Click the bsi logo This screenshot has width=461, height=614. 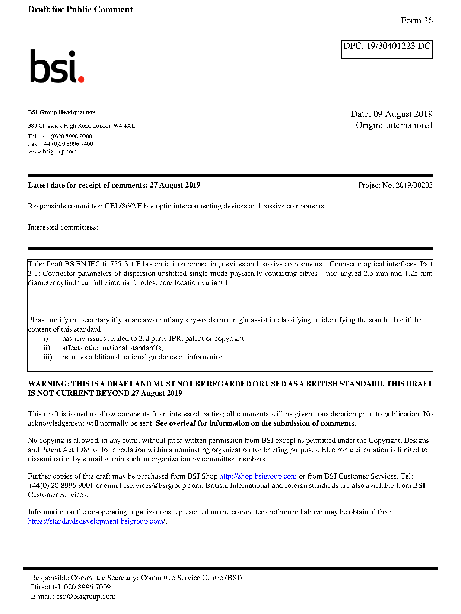[x=57, y=67]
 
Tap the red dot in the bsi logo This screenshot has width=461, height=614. [x=81, y=79]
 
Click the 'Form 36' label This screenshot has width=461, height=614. [x=417, y=21]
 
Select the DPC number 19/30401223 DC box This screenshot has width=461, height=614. [x=387, y=49]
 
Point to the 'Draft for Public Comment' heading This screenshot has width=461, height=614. [x=80, y=9]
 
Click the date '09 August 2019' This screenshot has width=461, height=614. [x=403, y=114]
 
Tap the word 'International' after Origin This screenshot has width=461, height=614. [x=409, y=125]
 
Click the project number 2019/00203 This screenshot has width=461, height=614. [x=414, y=185]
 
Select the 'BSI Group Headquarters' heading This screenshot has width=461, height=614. [x=62, y=112]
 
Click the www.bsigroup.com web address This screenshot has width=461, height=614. [x=52, y=151]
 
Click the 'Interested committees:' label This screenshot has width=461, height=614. [x=63, y=227]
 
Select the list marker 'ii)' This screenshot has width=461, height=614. [x=47, y=348]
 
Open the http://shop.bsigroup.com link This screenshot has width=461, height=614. [x=258, y=476]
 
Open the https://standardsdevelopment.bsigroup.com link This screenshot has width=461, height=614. [x=96, y=521]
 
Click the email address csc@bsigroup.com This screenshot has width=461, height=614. [x=86, y=597]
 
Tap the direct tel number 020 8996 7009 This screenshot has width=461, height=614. [x=88, y=587]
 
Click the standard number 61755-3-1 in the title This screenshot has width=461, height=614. [x=118, y=264]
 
